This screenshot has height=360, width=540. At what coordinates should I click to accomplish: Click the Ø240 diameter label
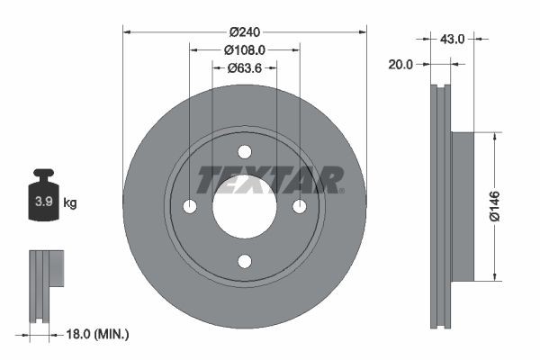click(245, 31)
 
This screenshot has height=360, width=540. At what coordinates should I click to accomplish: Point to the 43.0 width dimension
click(452, 39)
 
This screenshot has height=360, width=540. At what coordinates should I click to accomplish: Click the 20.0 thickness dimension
click(401, 64)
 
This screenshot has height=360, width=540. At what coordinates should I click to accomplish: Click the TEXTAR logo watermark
click(270, 179)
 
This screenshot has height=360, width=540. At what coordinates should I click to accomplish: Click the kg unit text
click(70, 202)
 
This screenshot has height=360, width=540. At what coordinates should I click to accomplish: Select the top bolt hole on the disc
click(245, 152)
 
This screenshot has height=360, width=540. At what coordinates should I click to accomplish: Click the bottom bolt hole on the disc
click(245, 261)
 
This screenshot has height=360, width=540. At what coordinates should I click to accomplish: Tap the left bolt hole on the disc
click(190, 207)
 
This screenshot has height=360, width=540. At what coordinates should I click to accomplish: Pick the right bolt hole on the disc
click(300, 207)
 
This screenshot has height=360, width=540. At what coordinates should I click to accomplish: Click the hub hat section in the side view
click(460, 206)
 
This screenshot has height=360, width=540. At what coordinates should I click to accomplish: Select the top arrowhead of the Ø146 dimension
click(494, 136)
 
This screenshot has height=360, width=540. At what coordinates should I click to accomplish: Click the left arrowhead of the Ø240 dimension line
click(127, 31)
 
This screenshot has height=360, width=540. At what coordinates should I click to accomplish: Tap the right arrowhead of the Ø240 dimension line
click(363, 31)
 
